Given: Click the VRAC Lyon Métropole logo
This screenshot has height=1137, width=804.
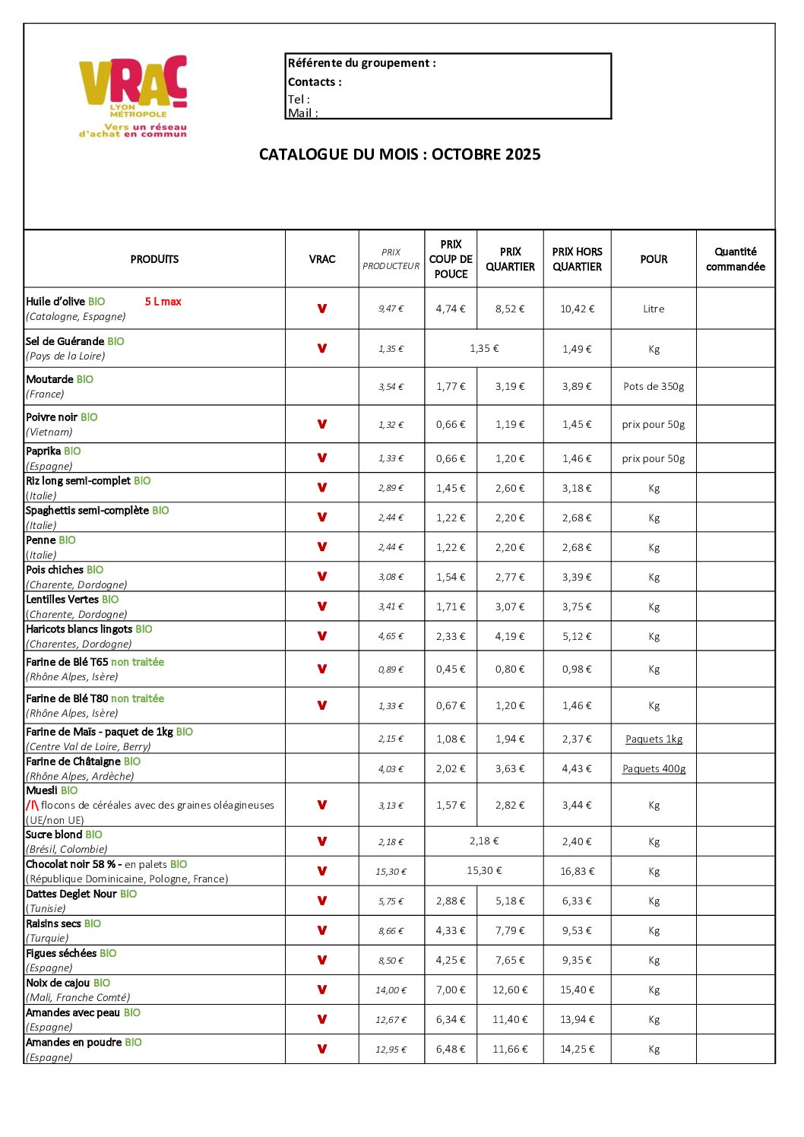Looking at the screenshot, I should [133, 96].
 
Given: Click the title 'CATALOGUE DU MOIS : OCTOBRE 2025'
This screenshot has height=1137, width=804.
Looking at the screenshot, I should [400, 154].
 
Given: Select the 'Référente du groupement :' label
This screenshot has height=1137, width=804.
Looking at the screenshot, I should [362, 63].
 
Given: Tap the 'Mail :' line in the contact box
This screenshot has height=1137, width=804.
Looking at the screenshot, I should [302, 113].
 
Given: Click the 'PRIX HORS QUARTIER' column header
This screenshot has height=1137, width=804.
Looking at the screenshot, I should [577, 259].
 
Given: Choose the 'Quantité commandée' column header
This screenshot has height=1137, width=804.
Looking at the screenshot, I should [735, 259].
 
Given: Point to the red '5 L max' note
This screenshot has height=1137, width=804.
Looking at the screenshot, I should [163, 302].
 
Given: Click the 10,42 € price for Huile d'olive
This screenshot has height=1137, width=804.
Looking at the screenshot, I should [577, 309].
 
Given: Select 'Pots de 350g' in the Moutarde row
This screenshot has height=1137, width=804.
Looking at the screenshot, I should [654, 386].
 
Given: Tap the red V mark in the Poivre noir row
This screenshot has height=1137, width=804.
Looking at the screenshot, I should [322, 424].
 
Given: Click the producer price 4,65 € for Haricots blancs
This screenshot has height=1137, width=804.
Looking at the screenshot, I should [391, 636].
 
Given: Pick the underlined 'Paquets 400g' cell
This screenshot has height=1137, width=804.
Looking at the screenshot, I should [654, 768].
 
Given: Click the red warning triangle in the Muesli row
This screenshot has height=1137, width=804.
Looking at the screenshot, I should [32, 805].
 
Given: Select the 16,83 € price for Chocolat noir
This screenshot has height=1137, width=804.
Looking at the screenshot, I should [577, 871].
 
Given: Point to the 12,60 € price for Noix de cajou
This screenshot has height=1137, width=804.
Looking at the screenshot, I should [510, 990].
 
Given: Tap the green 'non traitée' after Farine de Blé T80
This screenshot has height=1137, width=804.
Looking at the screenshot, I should [138, 698].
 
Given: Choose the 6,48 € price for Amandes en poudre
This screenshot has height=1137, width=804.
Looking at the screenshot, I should [451, 1049].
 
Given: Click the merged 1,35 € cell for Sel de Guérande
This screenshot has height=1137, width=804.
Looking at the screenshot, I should [484, 348].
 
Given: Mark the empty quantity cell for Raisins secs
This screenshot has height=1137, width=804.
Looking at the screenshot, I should [735, 930].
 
